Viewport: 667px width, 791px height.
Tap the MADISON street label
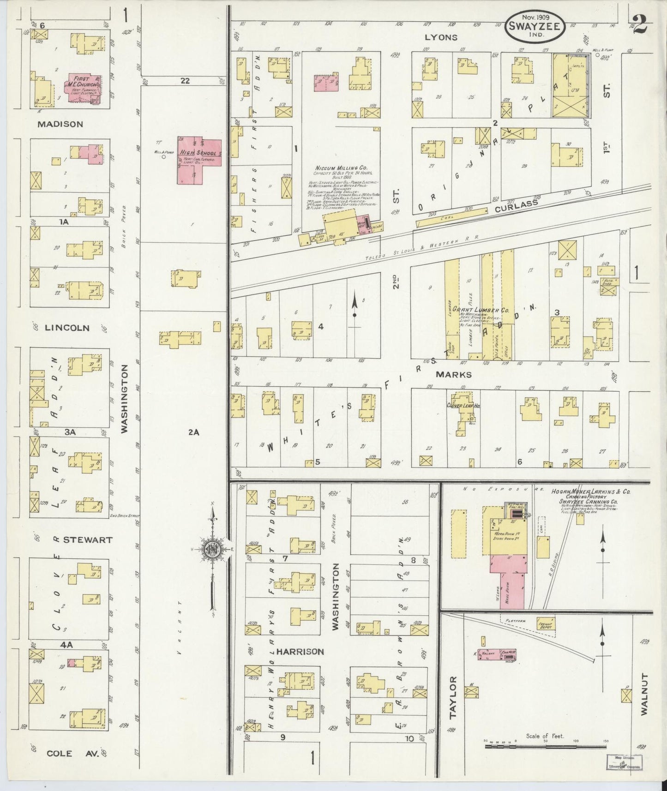click(x=60, y=124)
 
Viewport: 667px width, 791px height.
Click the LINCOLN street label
click(x=67, y=328)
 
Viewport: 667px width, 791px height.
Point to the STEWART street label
click(x=88, y=539)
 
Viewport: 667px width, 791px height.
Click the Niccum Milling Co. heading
click(x=339, y=168)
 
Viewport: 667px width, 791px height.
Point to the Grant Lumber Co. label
click(x=480, y=310)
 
